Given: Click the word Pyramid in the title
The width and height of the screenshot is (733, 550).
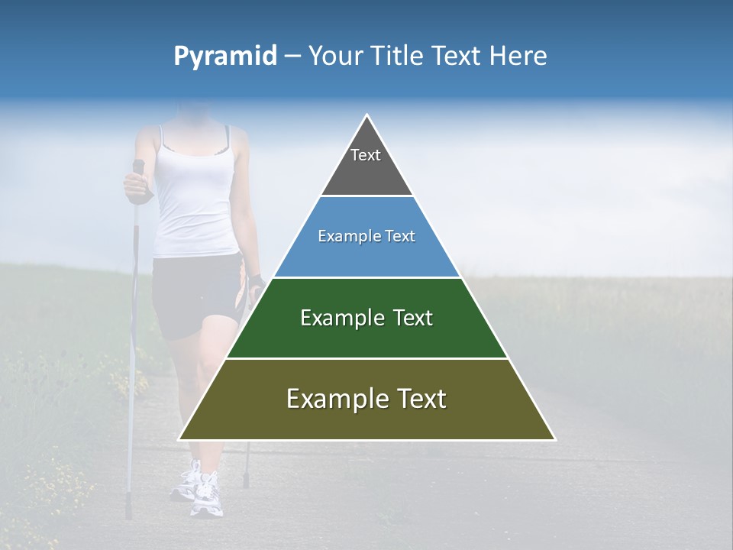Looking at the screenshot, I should pos(224,57).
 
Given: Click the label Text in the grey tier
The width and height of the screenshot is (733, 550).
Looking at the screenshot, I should pos(366,155).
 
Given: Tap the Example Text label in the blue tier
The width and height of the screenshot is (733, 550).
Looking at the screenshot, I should pos(366,236).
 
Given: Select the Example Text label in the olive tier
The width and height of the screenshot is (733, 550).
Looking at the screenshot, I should pos(366,399).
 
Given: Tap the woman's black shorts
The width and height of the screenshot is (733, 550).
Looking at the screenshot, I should pos(191,294).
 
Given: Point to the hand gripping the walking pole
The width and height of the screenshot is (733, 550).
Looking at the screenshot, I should pos(135,185).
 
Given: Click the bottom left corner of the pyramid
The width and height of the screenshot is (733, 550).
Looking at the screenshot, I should pos(179,439).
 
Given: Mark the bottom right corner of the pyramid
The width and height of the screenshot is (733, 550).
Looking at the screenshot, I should pos(555,439).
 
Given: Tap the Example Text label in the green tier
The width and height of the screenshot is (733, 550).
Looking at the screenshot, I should pos(366,318).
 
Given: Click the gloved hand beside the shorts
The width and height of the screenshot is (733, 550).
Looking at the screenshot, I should pos(256,284).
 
